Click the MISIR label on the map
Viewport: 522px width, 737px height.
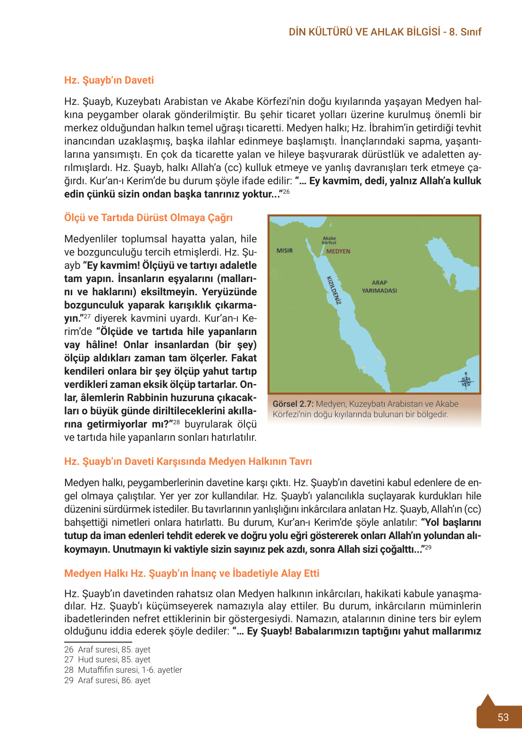tap(285, 251)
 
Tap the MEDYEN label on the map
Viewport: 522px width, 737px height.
tap(338, 251)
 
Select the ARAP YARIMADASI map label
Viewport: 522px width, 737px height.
tap(379, 287)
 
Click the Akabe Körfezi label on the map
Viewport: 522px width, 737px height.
tap(329, 240)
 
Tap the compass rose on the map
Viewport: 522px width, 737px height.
tap(466, 381)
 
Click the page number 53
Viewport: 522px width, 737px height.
tap(503, 717)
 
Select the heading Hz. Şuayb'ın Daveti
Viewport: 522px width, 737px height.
tap(109, 80)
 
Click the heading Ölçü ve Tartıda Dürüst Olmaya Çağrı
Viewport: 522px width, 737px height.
tap(148, 218)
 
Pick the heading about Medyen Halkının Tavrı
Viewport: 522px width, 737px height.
tap(188, 462)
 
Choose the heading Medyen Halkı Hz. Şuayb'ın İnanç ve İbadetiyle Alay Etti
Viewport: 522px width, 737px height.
tap(192, 574)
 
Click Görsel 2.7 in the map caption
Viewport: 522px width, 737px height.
tap(293, 404)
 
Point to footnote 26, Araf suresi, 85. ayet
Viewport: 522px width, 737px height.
tap(107, 650)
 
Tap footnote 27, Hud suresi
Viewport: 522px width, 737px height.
tap(107, 660)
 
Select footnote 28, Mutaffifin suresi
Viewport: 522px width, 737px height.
tap(123, 670)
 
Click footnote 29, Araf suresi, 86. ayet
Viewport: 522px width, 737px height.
tap(107, 680)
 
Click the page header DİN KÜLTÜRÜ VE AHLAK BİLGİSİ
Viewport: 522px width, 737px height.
tap(364, 32)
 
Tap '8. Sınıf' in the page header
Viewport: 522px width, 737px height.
tap(465, 32)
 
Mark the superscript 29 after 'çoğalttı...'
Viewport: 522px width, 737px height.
tap(428, 547)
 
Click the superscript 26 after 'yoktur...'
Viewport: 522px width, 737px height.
tap(286, 192)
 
